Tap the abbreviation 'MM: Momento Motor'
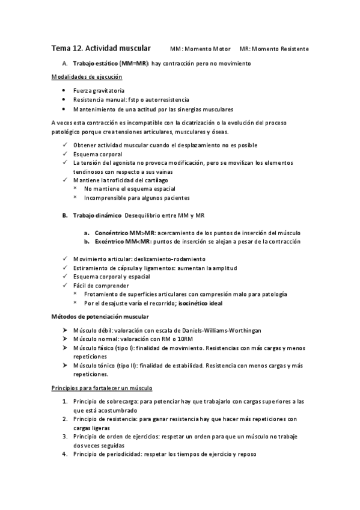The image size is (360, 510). [x=200, y=49]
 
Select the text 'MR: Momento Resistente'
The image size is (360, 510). [x=274, y=49]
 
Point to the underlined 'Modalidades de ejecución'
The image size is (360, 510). [x=87, y=77]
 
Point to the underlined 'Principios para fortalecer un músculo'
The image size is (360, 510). [x=102, y=388]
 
